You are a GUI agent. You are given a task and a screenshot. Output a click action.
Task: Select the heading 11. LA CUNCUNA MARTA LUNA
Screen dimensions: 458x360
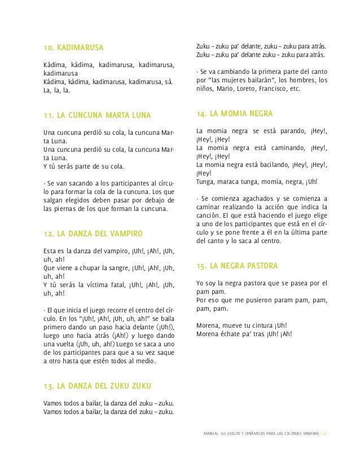pos(97,116)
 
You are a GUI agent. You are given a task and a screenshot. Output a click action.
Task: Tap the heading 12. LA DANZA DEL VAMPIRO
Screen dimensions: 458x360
pos(93,233)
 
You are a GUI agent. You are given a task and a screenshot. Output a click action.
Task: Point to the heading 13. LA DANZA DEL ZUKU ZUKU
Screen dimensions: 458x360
pos(99,387)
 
